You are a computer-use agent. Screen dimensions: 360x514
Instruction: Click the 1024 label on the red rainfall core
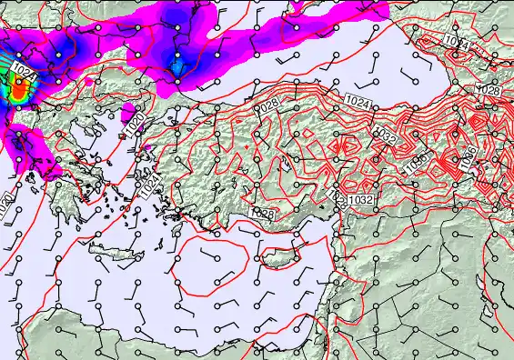[x=25, y=77]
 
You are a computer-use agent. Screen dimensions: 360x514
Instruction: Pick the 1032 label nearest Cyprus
[x=360, y=199]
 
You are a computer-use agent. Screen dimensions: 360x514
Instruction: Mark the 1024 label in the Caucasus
[x=459, y=45]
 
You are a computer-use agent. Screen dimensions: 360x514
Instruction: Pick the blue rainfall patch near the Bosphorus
[x=177, y=65]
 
